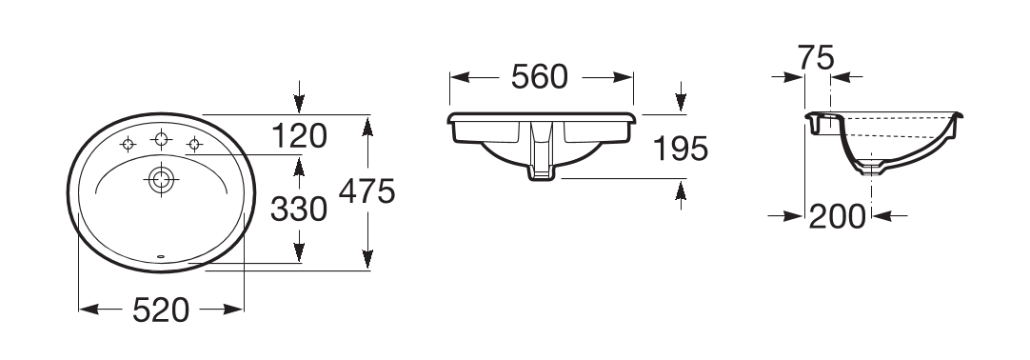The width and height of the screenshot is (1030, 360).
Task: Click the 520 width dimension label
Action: (x=161, y=310)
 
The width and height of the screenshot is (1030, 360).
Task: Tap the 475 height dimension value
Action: (x=367, y=191)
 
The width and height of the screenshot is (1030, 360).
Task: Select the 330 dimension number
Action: (x=299, y=210)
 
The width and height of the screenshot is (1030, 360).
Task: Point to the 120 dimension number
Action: (x=299, y=136)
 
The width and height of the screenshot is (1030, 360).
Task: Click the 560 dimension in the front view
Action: (x=540, y=77)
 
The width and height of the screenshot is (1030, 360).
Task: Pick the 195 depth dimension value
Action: (x=681, y=149)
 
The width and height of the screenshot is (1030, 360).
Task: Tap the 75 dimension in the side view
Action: (x=816, y=57)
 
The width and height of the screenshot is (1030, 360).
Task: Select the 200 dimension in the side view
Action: (x=837, y=216)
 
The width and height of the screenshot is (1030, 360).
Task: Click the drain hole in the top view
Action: (x=162, y=179)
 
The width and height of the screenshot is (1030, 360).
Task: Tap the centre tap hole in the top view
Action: (x=162, y=139)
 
